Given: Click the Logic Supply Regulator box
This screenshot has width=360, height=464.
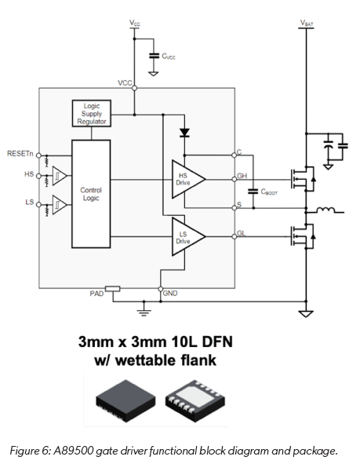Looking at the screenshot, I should pos(92,113).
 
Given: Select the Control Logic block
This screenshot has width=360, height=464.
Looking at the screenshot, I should pos(91,193).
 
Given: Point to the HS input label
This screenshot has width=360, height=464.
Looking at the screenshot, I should pos(29,174).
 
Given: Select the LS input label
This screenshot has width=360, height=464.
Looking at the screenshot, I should pos(29,203).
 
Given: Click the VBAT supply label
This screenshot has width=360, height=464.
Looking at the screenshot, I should pos(306,23).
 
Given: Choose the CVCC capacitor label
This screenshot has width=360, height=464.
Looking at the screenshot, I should pos(169,57).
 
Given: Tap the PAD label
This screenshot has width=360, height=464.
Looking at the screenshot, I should pos(96,293).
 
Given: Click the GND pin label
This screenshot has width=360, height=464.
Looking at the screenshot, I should pos(170,293).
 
